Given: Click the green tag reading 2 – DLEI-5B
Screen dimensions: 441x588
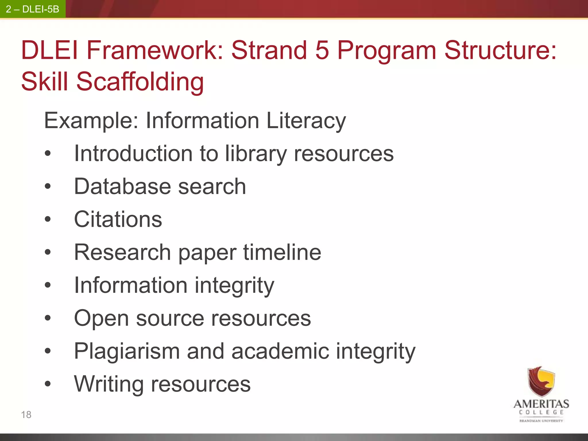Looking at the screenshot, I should (32, 9).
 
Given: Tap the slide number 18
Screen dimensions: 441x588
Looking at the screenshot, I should (26, 415).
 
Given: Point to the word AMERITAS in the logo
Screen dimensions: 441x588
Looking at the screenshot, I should (541, 404).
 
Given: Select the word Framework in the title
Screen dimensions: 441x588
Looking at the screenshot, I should (155, 50).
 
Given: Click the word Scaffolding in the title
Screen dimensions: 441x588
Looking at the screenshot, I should (140, 82).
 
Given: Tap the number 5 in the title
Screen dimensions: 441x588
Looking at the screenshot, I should (322, 50).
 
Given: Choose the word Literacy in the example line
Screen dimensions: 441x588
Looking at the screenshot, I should (306, 121).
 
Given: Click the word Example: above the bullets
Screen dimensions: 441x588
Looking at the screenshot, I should (92, 121).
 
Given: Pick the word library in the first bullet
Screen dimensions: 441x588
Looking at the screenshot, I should (256, 154).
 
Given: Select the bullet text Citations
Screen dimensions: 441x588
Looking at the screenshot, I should (118, 219).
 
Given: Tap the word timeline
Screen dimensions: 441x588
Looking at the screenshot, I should (282, 252).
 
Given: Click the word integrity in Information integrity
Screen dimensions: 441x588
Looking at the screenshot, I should (234, 286).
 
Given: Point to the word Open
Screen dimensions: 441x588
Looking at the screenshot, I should (101, 319).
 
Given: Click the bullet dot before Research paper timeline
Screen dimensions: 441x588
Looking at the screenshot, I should (48, 252).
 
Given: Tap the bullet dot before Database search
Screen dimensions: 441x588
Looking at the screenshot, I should (48, 187).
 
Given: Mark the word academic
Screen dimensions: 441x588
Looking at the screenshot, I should (280, 351).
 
